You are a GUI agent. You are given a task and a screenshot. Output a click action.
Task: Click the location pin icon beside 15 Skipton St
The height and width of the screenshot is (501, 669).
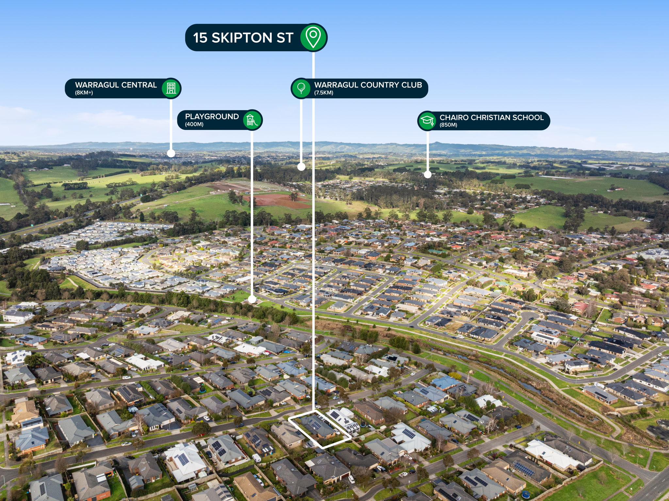point(313,38)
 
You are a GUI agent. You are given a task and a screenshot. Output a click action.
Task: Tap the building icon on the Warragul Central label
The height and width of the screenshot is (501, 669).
point(171,88)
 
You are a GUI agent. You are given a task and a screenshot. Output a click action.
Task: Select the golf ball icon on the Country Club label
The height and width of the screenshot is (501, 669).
point(301,88)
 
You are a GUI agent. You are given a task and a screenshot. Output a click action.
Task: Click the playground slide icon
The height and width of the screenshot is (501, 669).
point(252,120)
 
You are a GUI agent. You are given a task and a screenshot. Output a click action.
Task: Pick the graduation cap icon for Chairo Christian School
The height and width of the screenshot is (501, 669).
point(427,121)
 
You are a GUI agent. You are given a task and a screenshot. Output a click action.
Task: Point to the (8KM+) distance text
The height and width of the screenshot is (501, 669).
point(84,93)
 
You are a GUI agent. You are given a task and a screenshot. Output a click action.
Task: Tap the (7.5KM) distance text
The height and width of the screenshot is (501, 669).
point(324,93)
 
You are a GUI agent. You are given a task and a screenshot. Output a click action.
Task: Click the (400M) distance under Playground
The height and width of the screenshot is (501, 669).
point(194,124)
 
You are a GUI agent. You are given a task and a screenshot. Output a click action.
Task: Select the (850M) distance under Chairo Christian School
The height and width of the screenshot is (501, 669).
point(449,125)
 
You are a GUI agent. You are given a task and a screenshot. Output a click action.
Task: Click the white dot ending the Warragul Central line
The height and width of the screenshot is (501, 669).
point(171,153)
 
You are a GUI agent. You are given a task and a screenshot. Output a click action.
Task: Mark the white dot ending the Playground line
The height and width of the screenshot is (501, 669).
point(252,299)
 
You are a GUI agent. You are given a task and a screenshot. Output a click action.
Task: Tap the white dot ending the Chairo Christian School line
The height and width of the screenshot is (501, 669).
point(428,174)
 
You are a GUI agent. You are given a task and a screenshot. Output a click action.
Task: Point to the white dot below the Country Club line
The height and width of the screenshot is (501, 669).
point(301,167)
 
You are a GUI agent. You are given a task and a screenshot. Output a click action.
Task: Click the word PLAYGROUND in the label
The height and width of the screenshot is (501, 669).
point(212,117)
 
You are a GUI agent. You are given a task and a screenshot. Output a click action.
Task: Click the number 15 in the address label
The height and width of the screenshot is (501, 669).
point(200,38)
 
